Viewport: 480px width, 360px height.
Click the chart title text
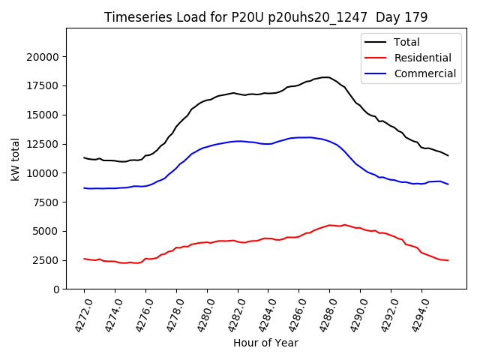tap(265, 17)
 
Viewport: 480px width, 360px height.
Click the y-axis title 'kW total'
tap(16, 158)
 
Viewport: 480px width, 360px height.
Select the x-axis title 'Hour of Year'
tap(265, 343)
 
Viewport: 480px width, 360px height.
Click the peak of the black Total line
tap(327, 76)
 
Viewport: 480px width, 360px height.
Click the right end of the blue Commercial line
tap(448, 184)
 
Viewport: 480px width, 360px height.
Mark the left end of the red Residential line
tap(84, 259)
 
